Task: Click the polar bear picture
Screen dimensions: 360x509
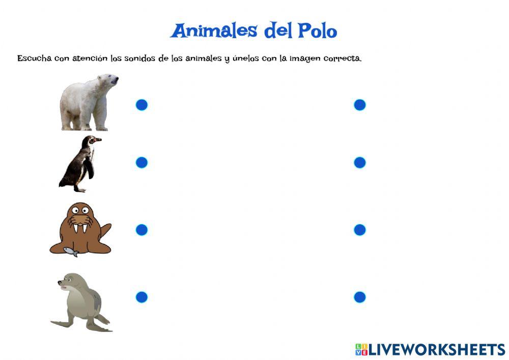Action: (88, 103)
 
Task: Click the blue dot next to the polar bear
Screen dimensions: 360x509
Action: (142, 105)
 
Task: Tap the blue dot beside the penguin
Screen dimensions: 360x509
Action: (142, 162)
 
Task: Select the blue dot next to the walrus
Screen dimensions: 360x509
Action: (142, 230)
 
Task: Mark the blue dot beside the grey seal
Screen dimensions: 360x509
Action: (142, 297)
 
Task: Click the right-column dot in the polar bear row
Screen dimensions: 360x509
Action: (359, 105)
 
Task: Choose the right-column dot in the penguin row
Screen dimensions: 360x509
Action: (359, 162)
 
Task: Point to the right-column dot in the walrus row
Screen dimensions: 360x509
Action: (359, 230)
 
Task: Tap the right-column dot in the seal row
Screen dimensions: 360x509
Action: (359, 297)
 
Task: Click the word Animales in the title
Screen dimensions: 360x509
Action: (214, 31)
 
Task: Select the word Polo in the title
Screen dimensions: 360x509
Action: (317, 31)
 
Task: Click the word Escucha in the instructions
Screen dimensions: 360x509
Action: (34, 58)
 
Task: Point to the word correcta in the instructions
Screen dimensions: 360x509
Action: (342, 58)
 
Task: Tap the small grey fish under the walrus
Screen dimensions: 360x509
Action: (71, 251)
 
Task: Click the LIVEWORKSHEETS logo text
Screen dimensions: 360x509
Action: (436, 349)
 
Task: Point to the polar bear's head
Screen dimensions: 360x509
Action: (108, 80)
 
